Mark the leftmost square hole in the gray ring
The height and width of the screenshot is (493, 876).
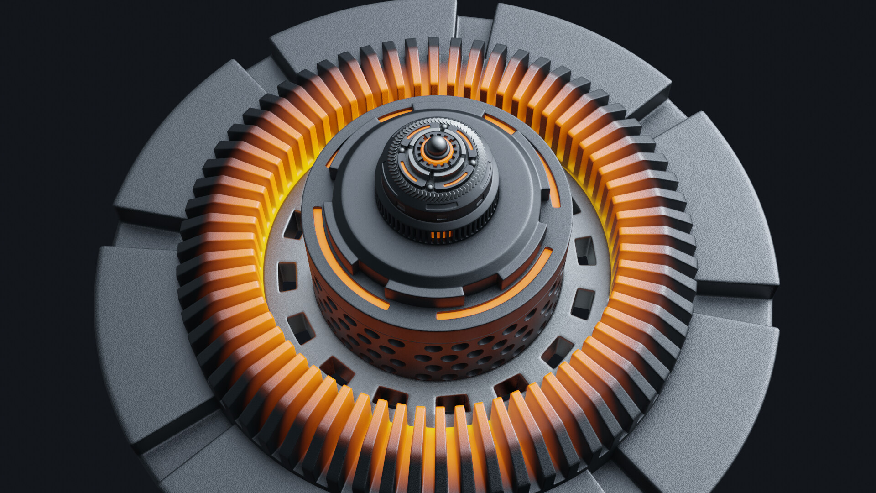tap(287, 276)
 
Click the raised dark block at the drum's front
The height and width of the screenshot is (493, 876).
tap(424, 292)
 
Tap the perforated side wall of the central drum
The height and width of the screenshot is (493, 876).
tap(438, 351)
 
